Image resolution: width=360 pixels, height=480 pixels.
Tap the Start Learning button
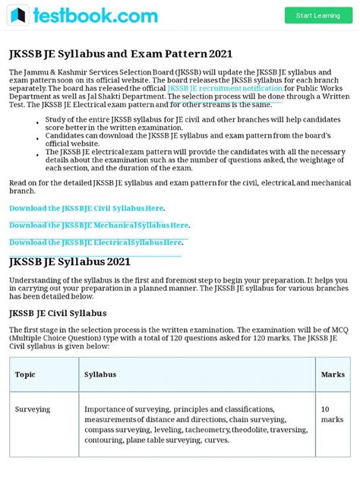(318, 15)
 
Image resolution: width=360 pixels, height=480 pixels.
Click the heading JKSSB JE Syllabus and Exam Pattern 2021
(120, 54)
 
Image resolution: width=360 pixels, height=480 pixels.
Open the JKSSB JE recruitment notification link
(224, 88)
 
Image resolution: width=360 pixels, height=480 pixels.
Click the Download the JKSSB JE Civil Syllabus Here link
(87, 208)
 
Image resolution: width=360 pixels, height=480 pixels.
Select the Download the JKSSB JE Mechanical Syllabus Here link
(99, 225)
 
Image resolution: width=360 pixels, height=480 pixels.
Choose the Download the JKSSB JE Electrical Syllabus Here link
(96, 242)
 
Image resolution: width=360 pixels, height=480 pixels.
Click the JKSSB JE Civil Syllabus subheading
(58, 313)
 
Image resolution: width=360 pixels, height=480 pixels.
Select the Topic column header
(25, 374)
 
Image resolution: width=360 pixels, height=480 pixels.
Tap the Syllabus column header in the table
(100, 374)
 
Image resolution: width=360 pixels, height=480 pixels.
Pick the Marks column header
(333, 374)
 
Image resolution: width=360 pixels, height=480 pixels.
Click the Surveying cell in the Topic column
(33, 409)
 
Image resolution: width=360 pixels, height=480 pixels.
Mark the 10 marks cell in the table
(332, 414)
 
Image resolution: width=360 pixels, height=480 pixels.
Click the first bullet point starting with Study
(190, 124)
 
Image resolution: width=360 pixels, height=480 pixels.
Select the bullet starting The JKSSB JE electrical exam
(190, 161)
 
